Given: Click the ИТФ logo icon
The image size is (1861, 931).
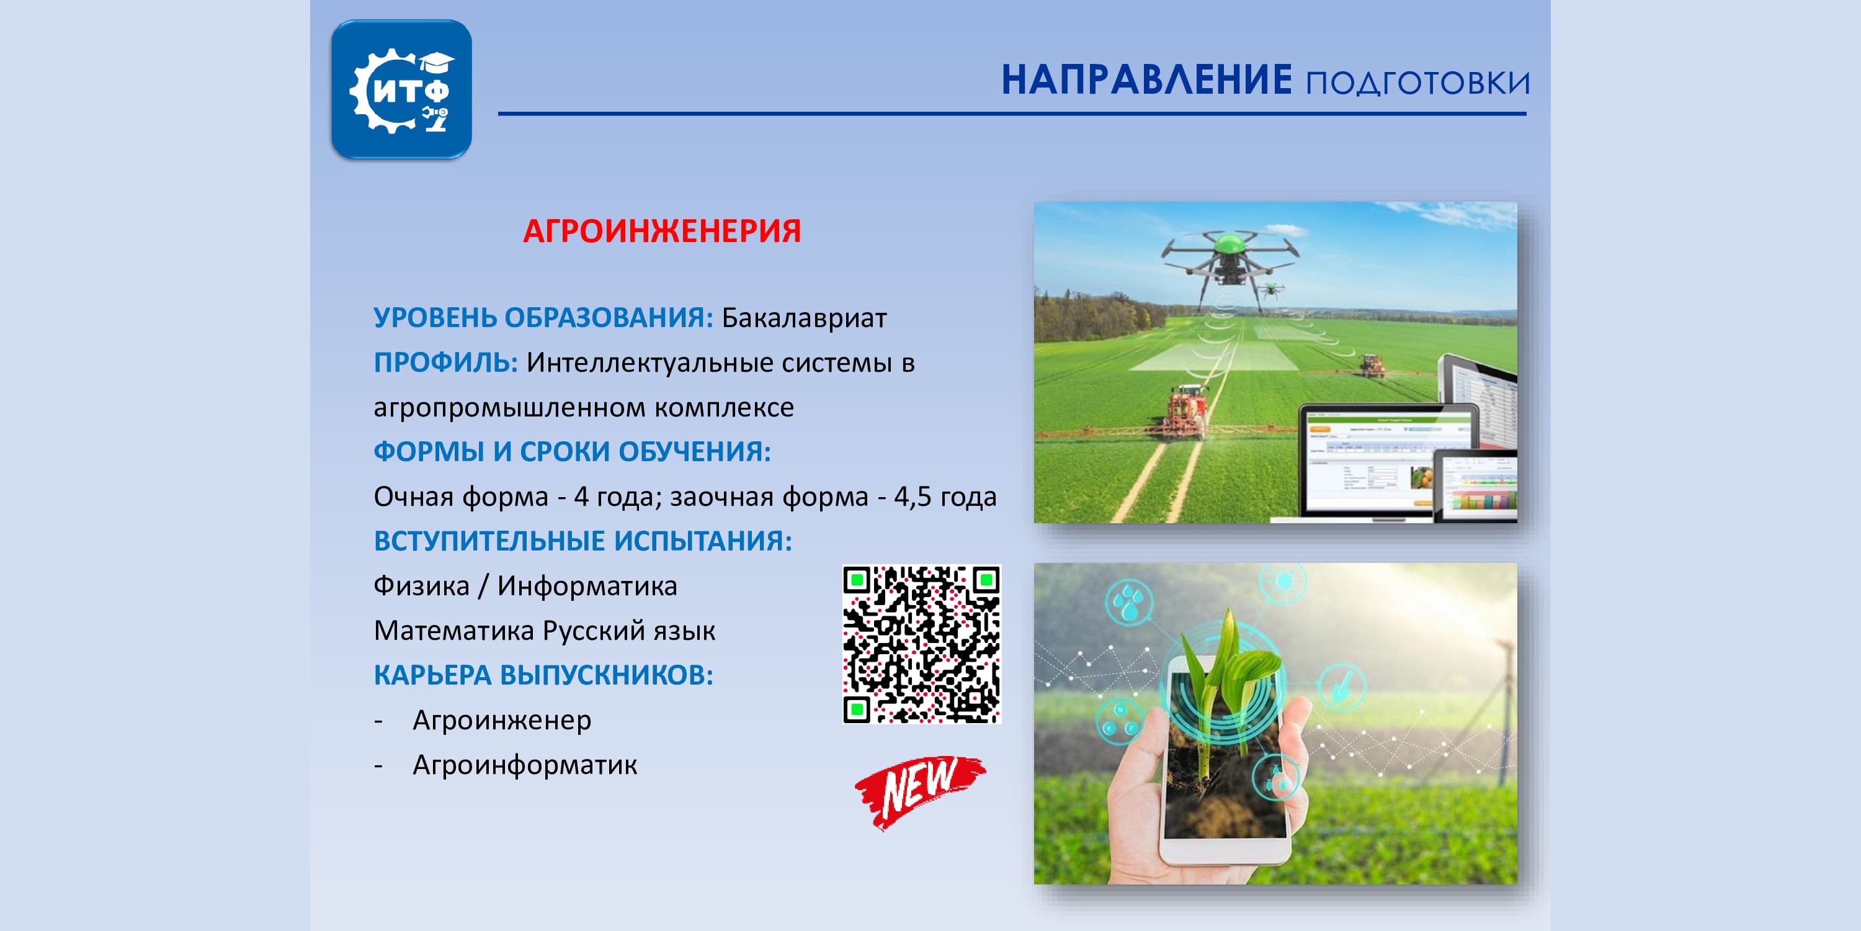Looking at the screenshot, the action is coord(402,89).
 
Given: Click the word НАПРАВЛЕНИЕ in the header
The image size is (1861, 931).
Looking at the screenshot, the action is coord(1146,80).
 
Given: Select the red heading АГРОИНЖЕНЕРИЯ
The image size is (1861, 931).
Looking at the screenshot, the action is coord(662,232).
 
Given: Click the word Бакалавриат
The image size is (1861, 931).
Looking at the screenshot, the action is coord(804,318).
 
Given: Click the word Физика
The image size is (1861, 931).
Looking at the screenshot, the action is coord(421,586).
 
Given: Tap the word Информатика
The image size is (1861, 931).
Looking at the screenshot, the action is coord(587,586).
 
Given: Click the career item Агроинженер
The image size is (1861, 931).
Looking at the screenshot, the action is coord(502,721).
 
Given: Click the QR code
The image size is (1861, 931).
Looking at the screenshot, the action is coord(922,644).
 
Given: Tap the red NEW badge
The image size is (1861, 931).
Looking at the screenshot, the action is coord(920,791).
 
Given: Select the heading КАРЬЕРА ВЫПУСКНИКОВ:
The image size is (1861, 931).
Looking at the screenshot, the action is coord(543,676).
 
